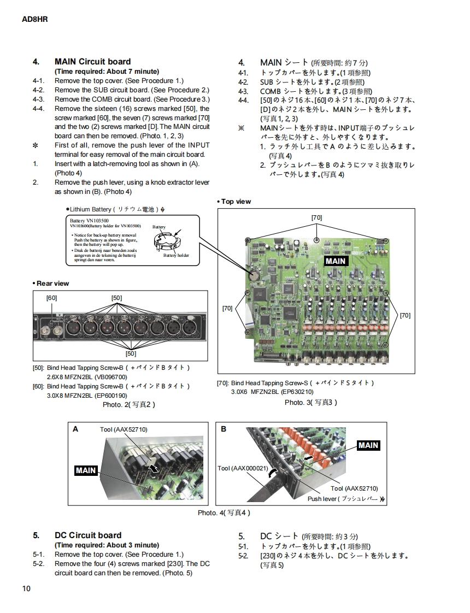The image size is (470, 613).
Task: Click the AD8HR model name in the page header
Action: pos(35,19)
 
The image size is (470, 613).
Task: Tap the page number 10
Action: pos(27,588)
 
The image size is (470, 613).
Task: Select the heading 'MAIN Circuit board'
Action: pos(92,62)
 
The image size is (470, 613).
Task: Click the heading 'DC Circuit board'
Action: pos(88,535)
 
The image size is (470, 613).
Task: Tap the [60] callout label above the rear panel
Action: pos(51,298)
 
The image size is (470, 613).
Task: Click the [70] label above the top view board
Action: pos(316,217)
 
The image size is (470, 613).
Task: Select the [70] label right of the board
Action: pos(405,315)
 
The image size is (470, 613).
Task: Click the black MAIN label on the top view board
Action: pos(336,261)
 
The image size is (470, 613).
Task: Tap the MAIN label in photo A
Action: pos(86,470)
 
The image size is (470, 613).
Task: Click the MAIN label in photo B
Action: pos(368,445)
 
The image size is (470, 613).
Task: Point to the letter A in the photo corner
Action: pos(75,429)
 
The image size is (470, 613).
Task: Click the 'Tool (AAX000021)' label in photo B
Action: pos(242,468)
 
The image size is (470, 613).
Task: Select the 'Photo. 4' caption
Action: pos(224,512)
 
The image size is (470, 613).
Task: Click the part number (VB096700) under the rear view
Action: pos(110,376)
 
